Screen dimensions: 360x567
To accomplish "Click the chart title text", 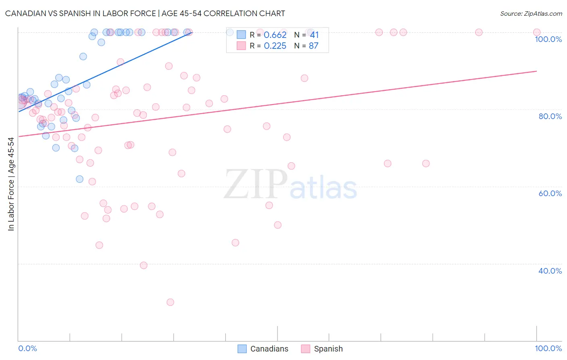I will tap(145, 13).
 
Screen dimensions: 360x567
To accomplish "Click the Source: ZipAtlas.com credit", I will tap(531, 13).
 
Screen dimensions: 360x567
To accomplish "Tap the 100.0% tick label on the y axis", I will tap(548, 39).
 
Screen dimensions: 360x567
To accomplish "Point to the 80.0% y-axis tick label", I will tap(550, 116).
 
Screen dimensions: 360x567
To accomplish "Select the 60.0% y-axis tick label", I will tap(550, 193).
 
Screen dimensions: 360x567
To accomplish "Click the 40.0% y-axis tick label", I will tap(550, 271).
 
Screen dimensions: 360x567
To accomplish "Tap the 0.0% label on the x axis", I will tap(27, 348).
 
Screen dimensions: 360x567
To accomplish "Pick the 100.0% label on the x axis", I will tap(548, 348).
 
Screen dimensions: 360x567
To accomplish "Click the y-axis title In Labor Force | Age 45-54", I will tap(11, 184).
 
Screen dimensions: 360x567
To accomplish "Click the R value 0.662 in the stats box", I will tap(275, 35).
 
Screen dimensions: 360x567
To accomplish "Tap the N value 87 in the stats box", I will tap(313, 46).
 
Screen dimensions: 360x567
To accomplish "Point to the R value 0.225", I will tap(275, 46).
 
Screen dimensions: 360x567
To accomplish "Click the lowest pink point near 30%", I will tap(170, 302).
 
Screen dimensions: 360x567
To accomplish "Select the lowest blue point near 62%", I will tap(79, 179).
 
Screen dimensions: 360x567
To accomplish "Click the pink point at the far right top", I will tap(536, 32).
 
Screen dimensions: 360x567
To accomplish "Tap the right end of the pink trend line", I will tap(536, 71).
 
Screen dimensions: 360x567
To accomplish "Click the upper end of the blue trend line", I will tap(192, 32).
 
